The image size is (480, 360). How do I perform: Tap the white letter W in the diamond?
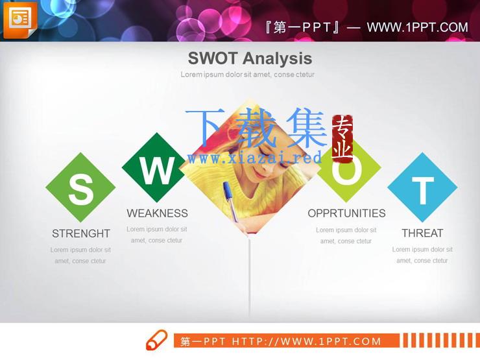[x=158, y=171]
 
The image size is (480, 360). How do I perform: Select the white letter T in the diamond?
[x=423, y=191]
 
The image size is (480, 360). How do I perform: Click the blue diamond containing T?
[x=422, y=187]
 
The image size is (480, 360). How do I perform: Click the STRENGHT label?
[x=81, y=234]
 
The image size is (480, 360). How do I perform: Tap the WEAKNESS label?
[x=158, y=213]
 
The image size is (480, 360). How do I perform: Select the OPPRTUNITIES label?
[x=346, y=213]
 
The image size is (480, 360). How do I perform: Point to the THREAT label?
[x=422, y=234]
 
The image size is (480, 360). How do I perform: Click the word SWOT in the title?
[x=213, y=58]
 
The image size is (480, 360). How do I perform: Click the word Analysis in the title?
[x=278, y=58]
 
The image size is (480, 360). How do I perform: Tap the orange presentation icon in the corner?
[x=20, y=20]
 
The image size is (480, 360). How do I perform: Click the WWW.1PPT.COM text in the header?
[x=418, y=27]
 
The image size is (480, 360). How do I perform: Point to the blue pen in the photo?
[x=230, y=201]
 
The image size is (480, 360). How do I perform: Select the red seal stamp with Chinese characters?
[x=342, y=139]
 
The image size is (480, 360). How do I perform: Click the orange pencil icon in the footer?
[x=157, y=340]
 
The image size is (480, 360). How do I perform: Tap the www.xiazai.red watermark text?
[x=255, y=158]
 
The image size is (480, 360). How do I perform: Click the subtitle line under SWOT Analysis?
[x=247, y=75]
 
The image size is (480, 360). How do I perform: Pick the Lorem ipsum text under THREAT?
[x=422, y=255]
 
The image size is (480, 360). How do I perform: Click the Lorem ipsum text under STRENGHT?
[x=80, y=256]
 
